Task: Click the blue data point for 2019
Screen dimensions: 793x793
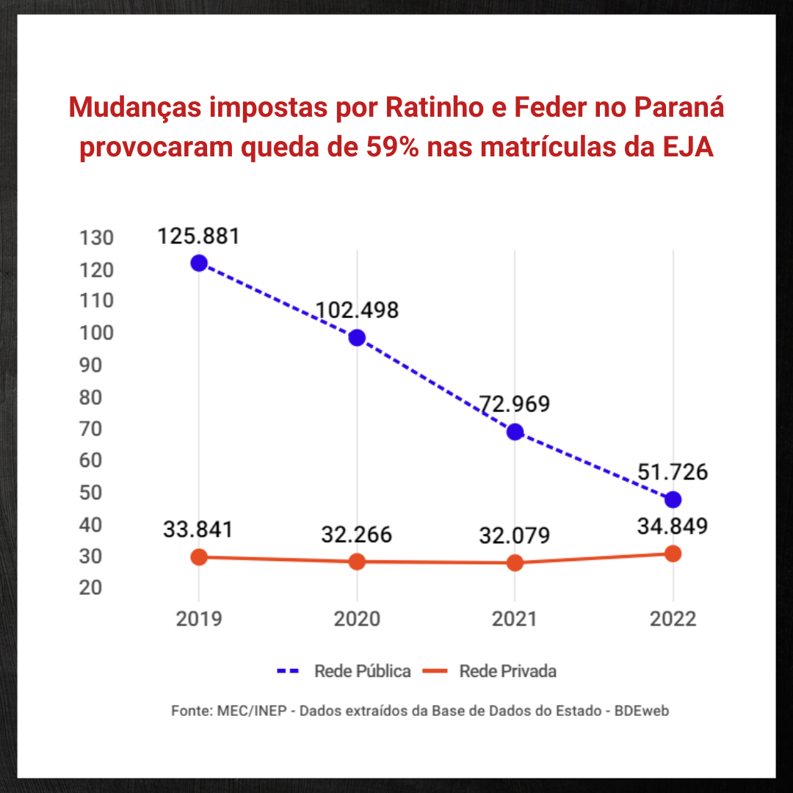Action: coord(199,263)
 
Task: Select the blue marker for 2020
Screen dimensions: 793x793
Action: coord(357,338)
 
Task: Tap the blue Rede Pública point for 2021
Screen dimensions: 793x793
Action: coord(515,432)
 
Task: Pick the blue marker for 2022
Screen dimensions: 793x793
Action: coord(673,499)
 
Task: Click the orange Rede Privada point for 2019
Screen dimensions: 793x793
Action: coord(199,557)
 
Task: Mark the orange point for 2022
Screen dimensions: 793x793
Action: coord(673,554)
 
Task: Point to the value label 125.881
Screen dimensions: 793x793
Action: coord(198,236)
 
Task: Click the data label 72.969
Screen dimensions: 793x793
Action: coord(515,405)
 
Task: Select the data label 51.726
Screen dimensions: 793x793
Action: coord(673,472)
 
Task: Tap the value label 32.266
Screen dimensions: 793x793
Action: coord(357,535)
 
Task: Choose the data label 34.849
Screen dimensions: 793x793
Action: coord(673,526)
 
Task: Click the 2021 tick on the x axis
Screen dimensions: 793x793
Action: coord(515,619)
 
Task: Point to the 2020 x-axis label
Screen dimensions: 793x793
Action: coord(357,619)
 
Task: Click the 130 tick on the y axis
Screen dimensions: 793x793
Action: coord(97,238)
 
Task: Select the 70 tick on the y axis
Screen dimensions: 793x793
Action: coord(97,429)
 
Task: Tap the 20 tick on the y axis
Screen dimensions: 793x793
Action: coord(97,587)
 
